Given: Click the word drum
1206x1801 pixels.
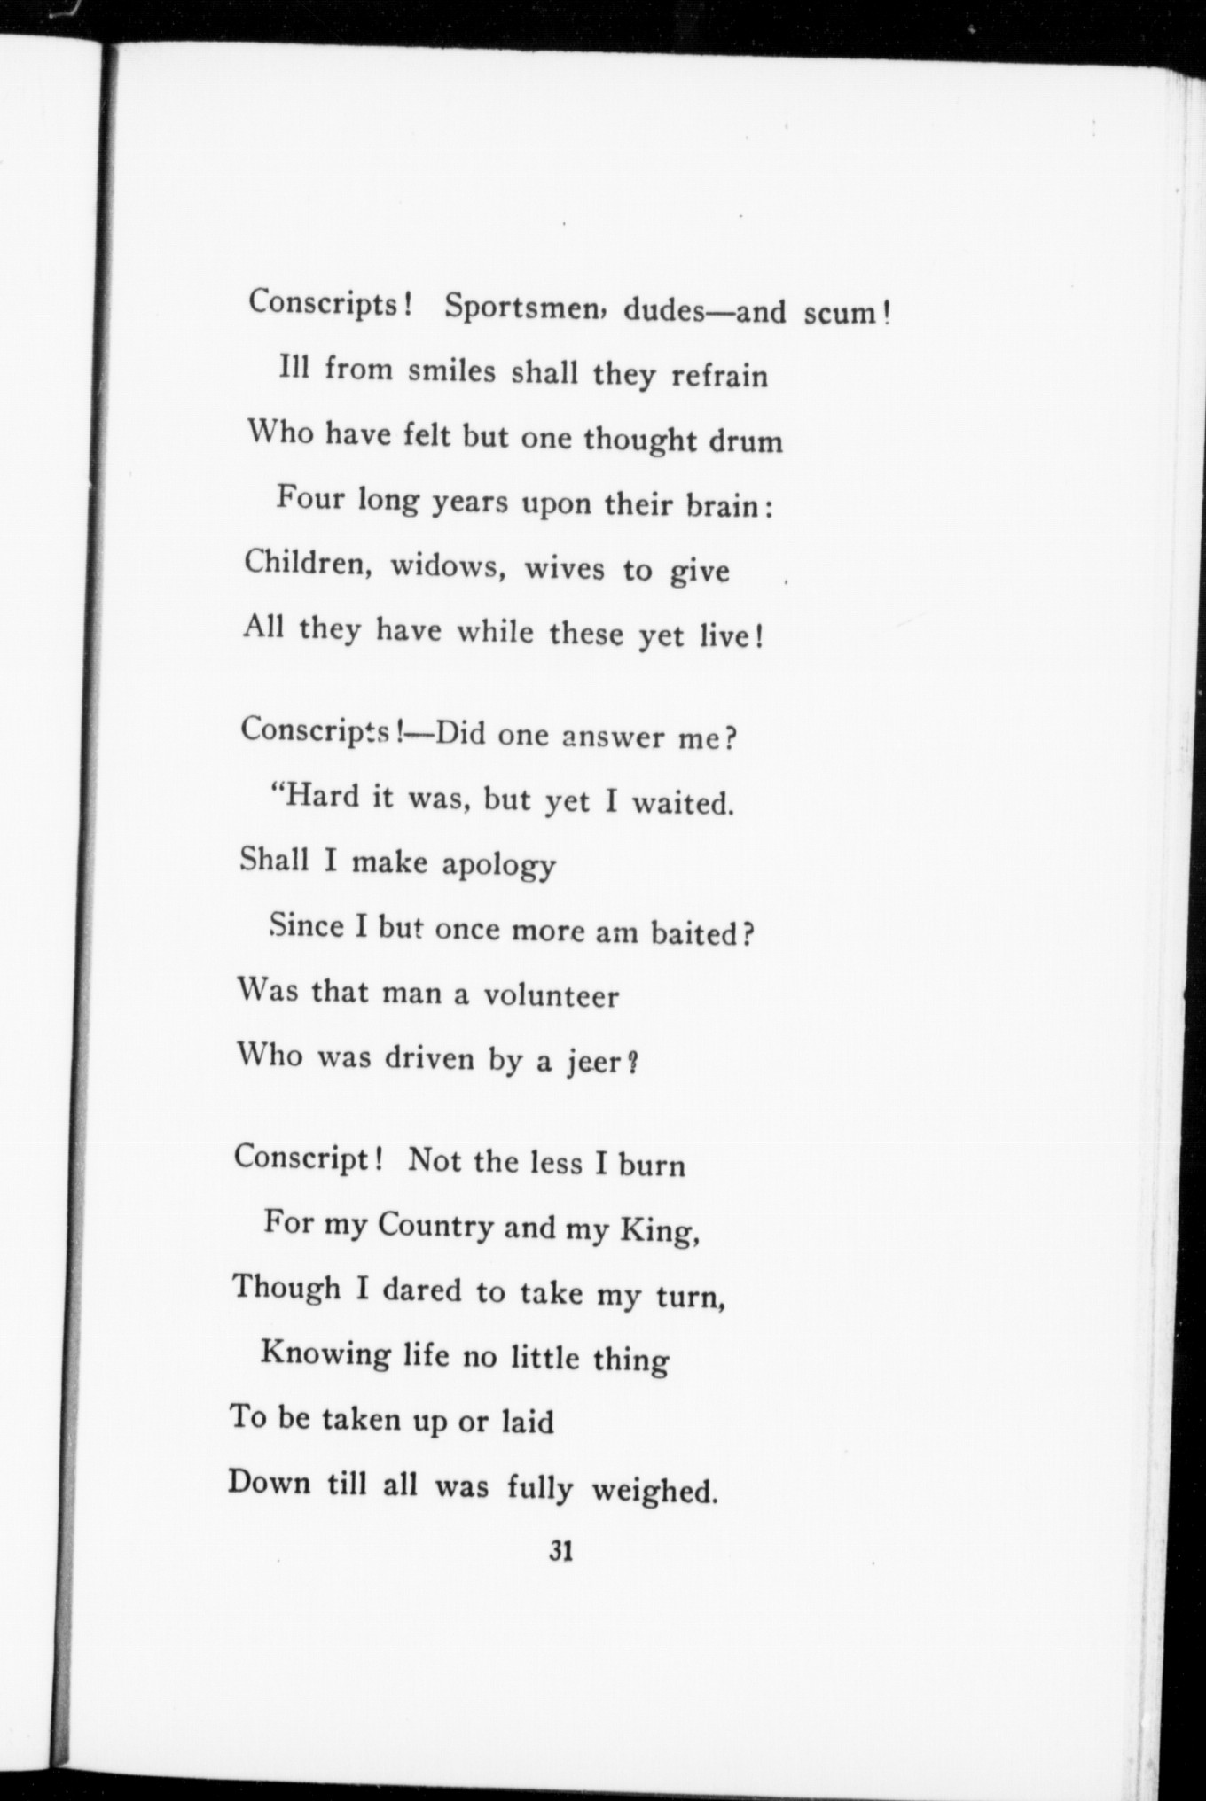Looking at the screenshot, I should (746, 441).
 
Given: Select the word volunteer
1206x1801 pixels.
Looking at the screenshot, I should (551, 996).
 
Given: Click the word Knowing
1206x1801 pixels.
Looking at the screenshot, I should (325, 1355).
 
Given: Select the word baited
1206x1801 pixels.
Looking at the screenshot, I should (693, 933).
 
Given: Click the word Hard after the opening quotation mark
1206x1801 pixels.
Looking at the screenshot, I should (322, 797).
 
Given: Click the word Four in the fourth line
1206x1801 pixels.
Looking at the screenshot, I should (309, 498).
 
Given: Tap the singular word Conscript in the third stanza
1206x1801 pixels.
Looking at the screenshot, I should (301, 1158).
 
